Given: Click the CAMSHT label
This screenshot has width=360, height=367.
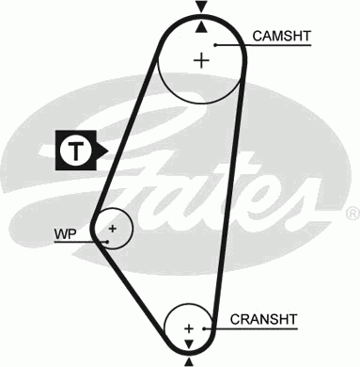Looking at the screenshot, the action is [x=282, y=36].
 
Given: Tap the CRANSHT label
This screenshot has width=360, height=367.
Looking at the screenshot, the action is [x=263, y=319].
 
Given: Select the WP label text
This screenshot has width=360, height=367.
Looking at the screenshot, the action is [x=65, y=234].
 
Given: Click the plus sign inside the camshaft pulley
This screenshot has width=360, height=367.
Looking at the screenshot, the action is [x=201, y=60].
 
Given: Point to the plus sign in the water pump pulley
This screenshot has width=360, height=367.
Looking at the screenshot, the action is [x=112, y=229].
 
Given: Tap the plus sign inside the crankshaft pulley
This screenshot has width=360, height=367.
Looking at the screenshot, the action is [x=189, y=328].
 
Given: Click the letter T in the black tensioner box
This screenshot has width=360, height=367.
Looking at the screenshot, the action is [x=75, y=151].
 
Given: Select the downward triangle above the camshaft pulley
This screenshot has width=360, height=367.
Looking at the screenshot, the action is [x=201, y=7].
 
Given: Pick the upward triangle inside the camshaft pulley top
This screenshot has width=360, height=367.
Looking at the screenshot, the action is [x=201, y=27].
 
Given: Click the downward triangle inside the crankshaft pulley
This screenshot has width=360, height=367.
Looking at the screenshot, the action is [x=189, y=343].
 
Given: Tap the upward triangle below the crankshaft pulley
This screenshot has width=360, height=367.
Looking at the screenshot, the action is [x=188, y=362].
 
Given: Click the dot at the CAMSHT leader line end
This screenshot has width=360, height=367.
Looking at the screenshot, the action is [x=215, y=45].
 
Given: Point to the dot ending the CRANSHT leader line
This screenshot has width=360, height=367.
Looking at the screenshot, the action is [x=204, y=328].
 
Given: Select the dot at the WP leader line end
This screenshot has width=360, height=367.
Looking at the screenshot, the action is [x=107, y=242].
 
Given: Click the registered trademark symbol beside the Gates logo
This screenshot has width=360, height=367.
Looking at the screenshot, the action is [x=352, y=214].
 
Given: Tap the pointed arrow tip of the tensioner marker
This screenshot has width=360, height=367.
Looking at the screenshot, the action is [x=108, y=152].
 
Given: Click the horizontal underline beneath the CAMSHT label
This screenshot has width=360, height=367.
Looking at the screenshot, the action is [x=263, y=45].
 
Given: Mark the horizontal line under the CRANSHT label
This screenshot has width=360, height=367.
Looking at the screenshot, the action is [x=251, y=328].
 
